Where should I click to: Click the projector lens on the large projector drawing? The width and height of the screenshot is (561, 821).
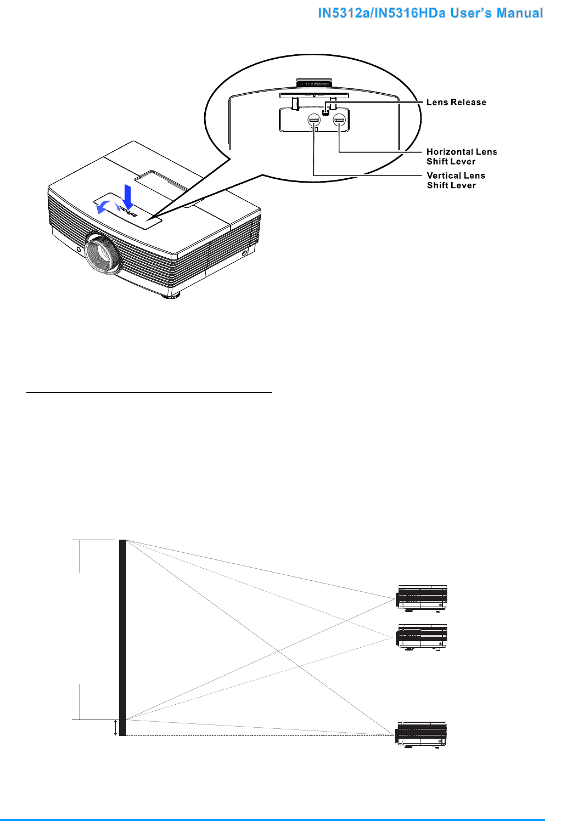pyautogui.click(x=103, y=253)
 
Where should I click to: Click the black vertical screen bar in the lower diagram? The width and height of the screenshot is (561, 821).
pyautogui.click(x=123, y=636)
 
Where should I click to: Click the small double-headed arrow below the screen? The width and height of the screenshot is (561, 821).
pyautogui.click(x=115, y=728)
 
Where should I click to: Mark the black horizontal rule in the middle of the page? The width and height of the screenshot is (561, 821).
pyautogui.click(x=149, y=393)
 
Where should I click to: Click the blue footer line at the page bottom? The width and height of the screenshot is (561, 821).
pyautogui.click(x=280, y=819)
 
